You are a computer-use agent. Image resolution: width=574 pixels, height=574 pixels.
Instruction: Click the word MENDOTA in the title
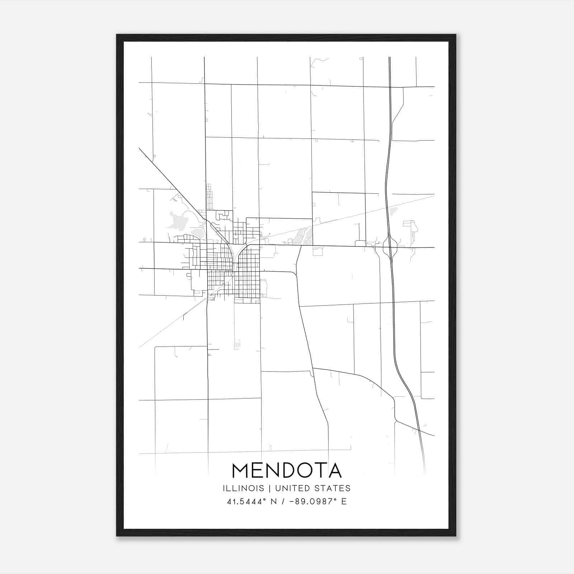pos(287,471)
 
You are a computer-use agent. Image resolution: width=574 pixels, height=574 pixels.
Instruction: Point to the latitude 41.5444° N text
pos(251,502)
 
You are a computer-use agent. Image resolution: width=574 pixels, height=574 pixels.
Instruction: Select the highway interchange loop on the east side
pos(390,247)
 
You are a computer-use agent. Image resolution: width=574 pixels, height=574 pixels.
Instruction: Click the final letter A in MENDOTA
pos(335,471)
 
